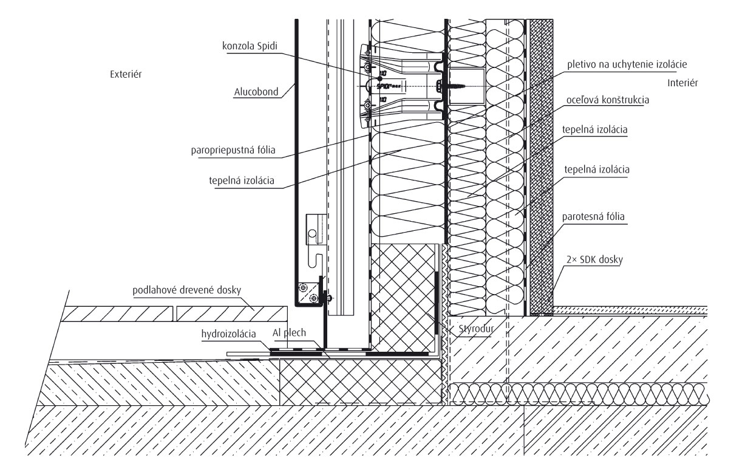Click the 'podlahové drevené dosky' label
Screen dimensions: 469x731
(x=187, y=289)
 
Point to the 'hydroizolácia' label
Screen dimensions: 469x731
(x=229, y=333)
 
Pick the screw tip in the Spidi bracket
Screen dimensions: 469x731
(x=469, y=87)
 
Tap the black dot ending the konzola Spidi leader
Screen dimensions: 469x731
(x=378, y=78)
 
